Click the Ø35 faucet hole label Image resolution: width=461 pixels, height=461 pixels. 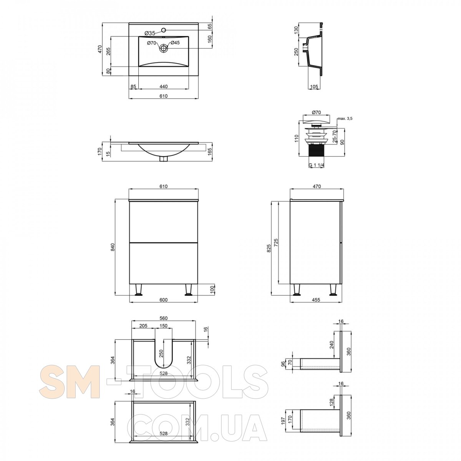click(150, 33)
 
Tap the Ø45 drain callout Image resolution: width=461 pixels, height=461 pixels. click(175, 43)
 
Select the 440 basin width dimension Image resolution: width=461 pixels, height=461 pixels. click(164, 86)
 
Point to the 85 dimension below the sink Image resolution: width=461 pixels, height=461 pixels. click(133, 86)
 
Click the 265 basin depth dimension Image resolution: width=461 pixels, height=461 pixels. click(108, 52)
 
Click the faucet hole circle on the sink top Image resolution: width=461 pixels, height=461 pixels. click(164, 30)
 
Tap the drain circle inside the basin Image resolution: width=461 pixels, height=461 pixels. click(164, 48)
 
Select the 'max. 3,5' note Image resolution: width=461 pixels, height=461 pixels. click(345, 118)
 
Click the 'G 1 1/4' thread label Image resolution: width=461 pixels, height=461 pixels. click(317, 165)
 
